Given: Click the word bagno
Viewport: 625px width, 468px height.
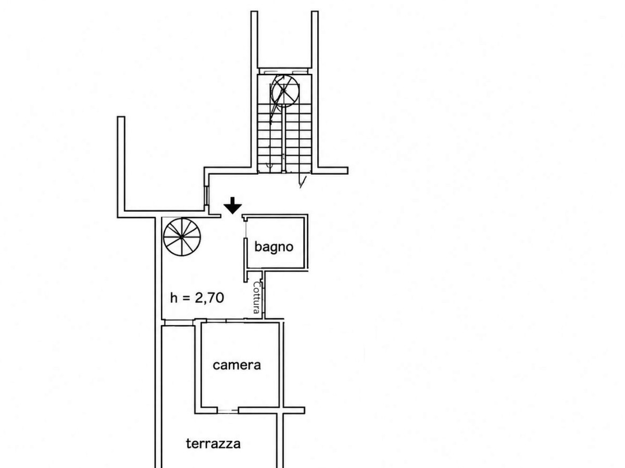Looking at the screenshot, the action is (x=273, y=247).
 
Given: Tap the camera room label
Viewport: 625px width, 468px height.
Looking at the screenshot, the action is (x=236, y=365).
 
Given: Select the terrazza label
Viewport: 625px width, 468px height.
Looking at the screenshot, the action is (x=213, y=443).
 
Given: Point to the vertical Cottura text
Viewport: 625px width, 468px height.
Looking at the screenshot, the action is (x=257, y=297).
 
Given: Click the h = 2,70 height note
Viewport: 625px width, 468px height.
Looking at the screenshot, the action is (x=197, y=298).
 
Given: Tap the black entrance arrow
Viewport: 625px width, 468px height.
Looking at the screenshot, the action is (x=233, y=205).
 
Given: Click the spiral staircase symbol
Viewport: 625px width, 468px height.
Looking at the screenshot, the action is (x=182, y=237).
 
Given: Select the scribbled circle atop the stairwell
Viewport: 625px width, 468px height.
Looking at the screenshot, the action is (x=285, y=90).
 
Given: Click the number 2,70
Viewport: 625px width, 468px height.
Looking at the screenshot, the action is (x=209, y=298).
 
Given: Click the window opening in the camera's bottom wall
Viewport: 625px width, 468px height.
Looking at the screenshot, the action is (x=228, y=410).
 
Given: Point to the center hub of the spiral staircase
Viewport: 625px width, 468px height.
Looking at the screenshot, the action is (x=182, y=237).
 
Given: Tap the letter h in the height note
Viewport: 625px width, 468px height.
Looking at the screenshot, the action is (x=173, y=298).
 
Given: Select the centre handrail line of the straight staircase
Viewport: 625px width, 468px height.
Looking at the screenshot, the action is (x=284, y=139).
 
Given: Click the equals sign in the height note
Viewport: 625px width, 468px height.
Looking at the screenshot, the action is (x=185, y=298).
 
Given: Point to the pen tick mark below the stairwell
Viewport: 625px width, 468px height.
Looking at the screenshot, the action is (x=303, y=181).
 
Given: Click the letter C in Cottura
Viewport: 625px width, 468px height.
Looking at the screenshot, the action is (x=257, y=285).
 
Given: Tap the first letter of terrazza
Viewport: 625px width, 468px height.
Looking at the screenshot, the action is (x=189, y=443).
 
